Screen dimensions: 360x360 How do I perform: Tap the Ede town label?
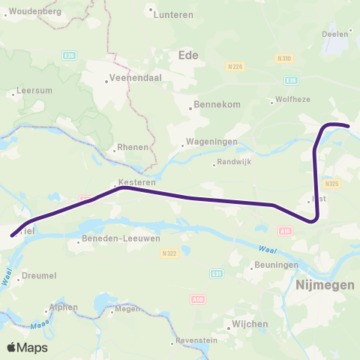pyautogui.click(x=189, y=55)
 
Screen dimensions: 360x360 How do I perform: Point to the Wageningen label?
pyautogui.click(x=213, y=142)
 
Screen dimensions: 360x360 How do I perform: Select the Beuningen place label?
pyautogui.click(x=277, y=266)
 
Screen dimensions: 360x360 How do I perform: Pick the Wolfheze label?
pyautogui.click(x=292, y=101)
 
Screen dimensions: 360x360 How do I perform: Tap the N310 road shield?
pyautogui.click(x=283, y=58)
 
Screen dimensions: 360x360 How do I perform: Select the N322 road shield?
pyautogui.click(x=168, y=253)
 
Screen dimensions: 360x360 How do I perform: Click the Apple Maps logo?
pyautogui.click(x=26, y=347)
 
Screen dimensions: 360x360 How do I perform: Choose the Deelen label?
pyautogui.click(x=334, y=34)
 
